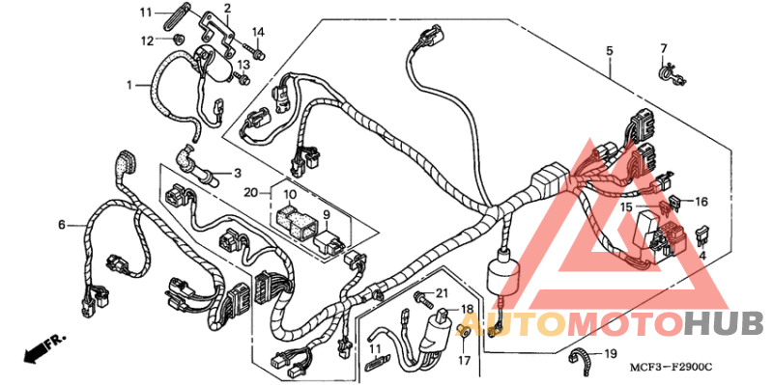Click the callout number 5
[x=610, y=49]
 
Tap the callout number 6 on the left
[x=62, y=225]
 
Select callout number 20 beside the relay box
[x=249, y=193]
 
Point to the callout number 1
[x=129, y=85]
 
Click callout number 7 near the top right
[x=664, y=49]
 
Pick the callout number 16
[x=701, y=202]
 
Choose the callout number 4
[x=703, y=255]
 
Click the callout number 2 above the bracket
[x=228, y=9]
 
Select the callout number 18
[x=468, y=309]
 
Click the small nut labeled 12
[x=178, y=40]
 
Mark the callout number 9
[x=327, y=214]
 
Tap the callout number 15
[x=626, y=207]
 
